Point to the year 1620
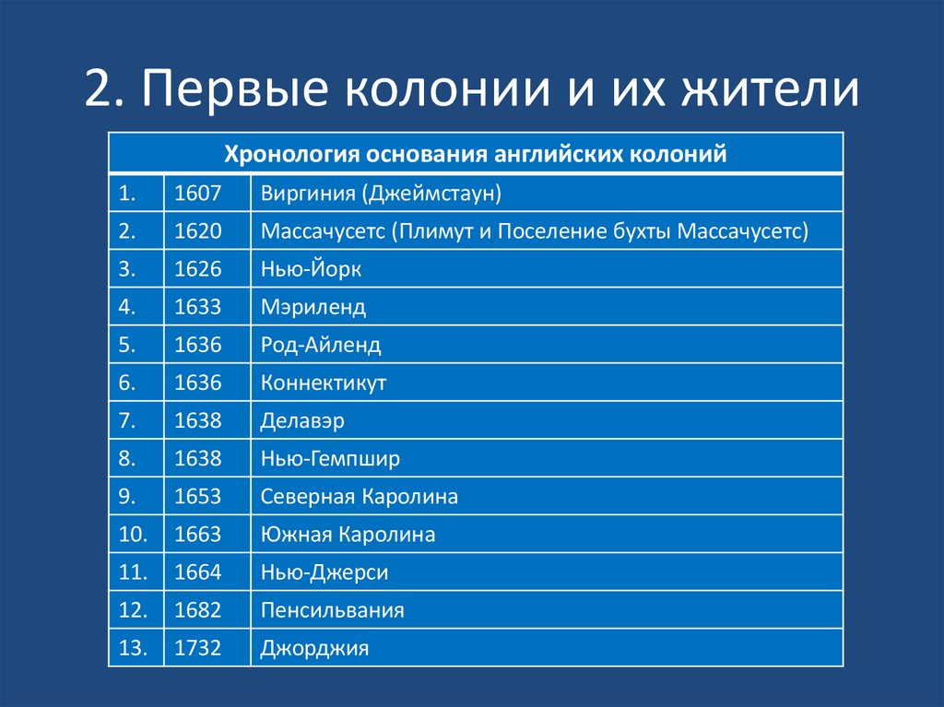(198, 230)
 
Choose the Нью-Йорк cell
(311, 269)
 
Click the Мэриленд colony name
(313, 307)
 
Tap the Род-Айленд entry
(321, 345)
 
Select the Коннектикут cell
(324, 383)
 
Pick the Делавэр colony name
(302, 420)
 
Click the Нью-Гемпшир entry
(330, 458)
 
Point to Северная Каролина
(360, 497)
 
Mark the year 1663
(198, 535)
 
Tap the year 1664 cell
(198, 572)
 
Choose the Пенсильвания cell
(333, 610)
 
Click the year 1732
(198, 648)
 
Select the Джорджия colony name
(315, 648)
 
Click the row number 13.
(133, 648)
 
